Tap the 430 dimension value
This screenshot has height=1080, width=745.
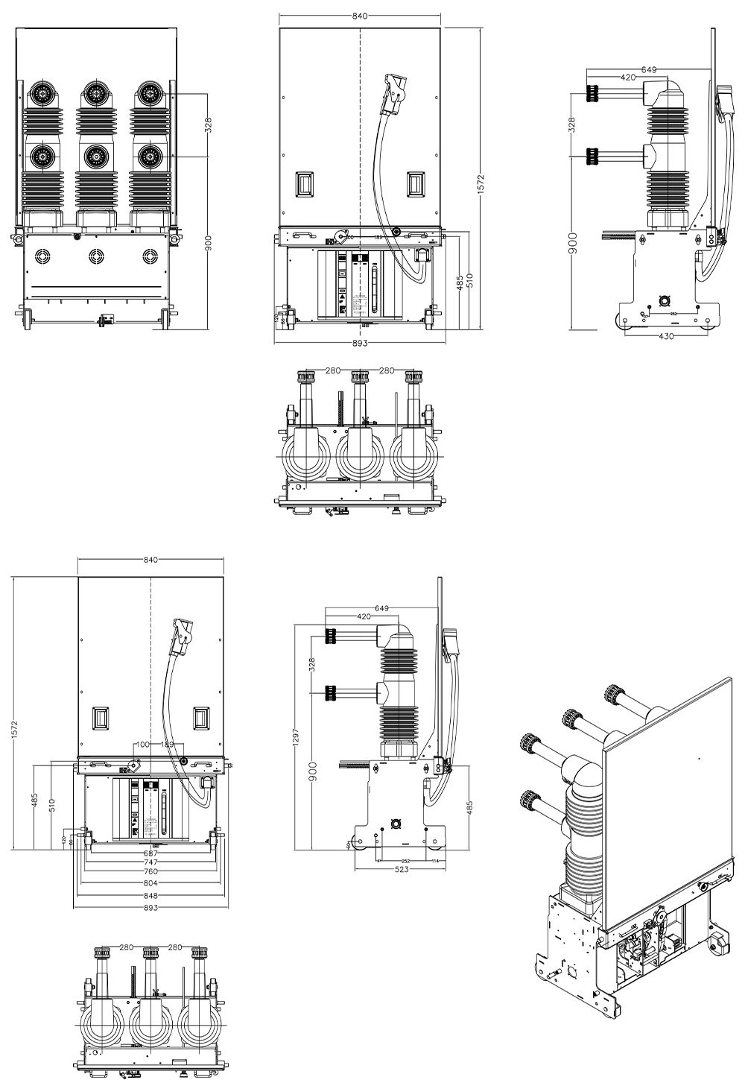[666, 337]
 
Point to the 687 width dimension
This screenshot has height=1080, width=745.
[150, 853]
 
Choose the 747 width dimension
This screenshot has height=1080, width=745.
[150, 862]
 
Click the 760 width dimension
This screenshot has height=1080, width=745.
[150, 871]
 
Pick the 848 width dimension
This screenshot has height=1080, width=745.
[150, 895]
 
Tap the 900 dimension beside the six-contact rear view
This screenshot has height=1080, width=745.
[209, 244]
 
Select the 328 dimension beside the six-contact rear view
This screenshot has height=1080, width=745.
[209, 124]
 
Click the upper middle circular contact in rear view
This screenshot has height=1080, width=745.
[95, 93]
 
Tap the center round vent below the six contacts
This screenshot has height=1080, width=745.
[95, 256]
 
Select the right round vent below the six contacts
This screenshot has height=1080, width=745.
[150, 256]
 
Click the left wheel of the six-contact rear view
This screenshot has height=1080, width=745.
[25, 318]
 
